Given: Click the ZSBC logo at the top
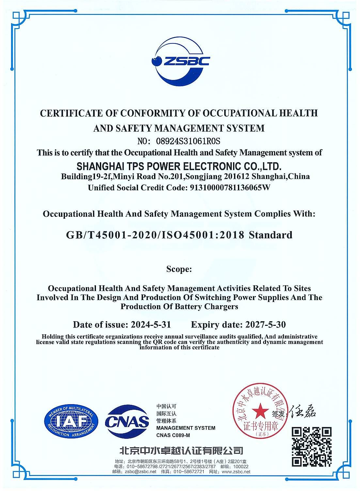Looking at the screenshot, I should pos(180,61).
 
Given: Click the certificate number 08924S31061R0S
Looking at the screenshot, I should pos(188,141).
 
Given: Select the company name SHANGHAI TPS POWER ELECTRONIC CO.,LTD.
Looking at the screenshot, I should pos(179,166).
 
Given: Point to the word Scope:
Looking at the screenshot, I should pos(179,269).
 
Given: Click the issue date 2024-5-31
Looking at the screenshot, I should pos(150,325).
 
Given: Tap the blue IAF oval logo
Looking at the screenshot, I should pos(71,421).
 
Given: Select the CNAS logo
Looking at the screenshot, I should pos(127,422).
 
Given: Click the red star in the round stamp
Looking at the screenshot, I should pos(260,411).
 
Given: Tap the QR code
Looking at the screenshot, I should pos(311,446).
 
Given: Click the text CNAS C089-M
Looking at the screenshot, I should pos(173,435).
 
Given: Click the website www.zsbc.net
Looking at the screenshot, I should pos(236,472).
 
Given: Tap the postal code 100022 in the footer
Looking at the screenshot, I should pos(241,467).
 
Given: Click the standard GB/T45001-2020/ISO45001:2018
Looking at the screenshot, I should pos(155,235).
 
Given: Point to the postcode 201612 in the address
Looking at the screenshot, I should pos(238,177).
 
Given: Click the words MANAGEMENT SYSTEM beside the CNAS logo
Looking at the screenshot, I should pos(186,428).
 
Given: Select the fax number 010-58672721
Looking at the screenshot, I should pos(189,472).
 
